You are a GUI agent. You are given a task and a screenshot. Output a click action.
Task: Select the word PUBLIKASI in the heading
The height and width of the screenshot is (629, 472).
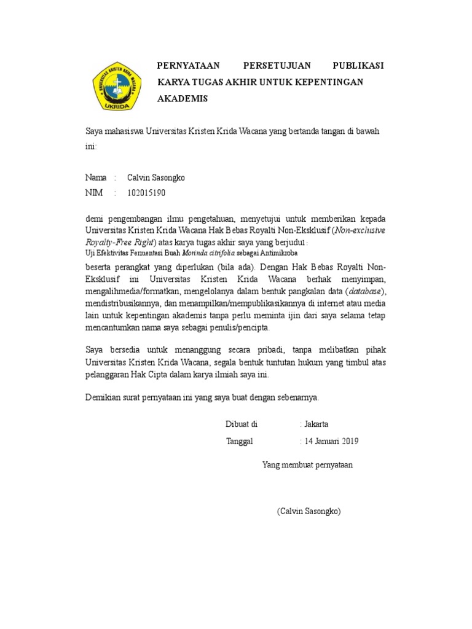pos(358,66)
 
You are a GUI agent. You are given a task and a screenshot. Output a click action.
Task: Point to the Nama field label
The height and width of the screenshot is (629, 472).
pos(96,178)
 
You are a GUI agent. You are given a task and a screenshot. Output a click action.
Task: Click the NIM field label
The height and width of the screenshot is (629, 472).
pos(93,193)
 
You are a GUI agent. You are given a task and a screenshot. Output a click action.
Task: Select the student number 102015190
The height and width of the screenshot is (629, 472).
pos(146,193)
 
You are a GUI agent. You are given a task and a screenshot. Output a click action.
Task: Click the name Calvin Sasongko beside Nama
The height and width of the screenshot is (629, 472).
pos(155,178)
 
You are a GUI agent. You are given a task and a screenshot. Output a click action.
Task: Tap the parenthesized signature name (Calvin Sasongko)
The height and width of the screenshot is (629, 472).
pos(309,511)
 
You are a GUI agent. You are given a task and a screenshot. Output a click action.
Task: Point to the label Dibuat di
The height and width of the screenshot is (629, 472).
pos(242,424)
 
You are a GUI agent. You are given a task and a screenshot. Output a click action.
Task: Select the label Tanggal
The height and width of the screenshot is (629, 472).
pos(239,441)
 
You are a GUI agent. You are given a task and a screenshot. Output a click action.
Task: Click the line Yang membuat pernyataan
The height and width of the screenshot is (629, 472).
pos(307,465)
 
